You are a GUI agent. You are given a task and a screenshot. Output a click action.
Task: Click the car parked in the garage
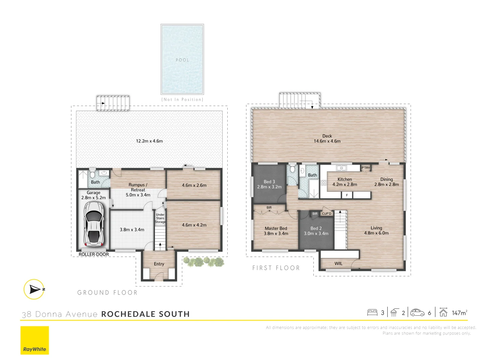94,224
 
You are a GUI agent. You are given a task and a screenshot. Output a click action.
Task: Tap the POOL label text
182,60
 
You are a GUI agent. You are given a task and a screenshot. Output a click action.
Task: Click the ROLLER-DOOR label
94,254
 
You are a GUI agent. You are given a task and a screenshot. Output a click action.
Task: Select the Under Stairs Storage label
160,218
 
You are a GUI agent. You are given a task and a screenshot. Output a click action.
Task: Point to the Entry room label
159,264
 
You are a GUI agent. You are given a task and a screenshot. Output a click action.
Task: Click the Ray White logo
35,340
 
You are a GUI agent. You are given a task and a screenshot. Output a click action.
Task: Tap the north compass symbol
34,289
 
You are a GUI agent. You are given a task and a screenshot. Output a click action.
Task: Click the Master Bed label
276,228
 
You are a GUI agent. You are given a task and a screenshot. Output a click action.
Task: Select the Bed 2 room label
316,228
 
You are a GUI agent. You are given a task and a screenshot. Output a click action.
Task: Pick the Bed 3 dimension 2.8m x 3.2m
269,187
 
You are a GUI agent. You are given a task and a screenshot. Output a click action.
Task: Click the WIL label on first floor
338,263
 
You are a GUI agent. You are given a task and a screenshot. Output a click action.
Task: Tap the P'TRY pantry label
366,168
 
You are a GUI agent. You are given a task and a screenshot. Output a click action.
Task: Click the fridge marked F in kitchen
347,195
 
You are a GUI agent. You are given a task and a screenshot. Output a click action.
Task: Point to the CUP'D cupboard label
326,214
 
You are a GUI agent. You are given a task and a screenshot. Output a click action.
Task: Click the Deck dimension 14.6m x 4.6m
327,141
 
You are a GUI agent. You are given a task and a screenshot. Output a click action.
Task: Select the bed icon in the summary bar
372,313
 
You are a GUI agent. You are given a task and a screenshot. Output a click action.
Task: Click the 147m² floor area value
459,313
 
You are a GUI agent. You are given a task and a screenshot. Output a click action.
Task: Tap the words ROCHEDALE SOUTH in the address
145,314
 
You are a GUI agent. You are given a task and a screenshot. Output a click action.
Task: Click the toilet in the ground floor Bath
93,174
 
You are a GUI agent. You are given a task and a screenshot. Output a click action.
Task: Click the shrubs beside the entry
203,262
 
